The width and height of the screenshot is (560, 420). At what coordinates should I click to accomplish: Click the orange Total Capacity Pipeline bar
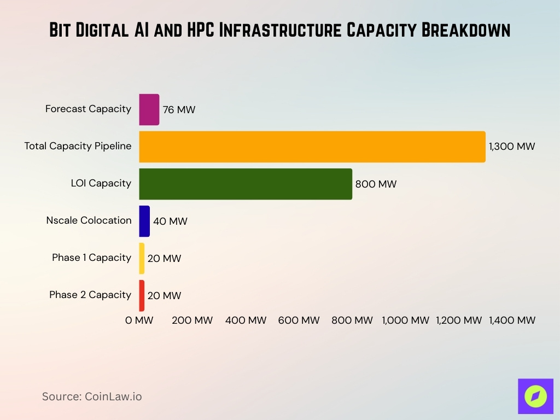pyautogui.click(x=312, y=147)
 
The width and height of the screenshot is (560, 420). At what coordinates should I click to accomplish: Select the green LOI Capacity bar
pyautogui.click(x=246, y=184)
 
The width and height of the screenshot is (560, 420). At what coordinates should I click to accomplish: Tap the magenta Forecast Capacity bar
pyautogui.click(x=149, y=109)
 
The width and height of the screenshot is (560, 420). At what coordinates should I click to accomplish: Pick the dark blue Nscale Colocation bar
pyautogui.click(x=144, y=221)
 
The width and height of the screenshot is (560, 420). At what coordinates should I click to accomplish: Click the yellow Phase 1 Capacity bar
pyautogui.click(x=142, y=258)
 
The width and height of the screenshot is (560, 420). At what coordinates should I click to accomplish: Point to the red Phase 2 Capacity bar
pyautogui.click(x=142, y=295)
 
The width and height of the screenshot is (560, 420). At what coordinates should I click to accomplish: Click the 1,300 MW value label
pyautogui.click(x=512, y=147)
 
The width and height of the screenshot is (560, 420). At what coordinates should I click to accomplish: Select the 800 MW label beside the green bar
pyautogui.click(x=376, y=184)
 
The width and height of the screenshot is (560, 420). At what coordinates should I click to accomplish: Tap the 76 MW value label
pyautogui.click(x=179, y=110)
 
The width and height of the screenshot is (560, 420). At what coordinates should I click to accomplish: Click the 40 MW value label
pyautogui.click(x=170, y=221)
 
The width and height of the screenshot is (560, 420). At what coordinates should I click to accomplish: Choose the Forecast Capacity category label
pyautogui.click(x=88, y=109)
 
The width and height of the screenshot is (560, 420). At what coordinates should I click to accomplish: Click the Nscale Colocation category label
pyautogui.click(x=89, y=220)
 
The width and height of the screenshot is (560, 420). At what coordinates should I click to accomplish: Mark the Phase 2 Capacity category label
pyautogui.click(x=90, y=295)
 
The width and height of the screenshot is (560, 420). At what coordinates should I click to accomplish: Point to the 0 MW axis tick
pyautogui.click(x=139, y=320)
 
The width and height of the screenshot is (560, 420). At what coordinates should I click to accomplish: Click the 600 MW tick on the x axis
pyautogui.click(x=299, y=320)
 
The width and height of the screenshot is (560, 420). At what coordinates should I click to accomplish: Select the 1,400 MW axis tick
pyautogui.click(x=512, y=320)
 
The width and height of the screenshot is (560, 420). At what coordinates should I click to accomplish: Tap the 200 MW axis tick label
pyautogui.click(x=192, y=320)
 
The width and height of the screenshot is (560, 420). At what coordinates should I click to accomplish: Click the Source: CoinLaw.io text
pyautogui.click(x=92, y=396)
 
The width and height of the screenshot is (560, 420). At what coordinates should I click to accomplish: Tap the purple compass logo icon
pyautogui.click(x=535, y=396)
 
